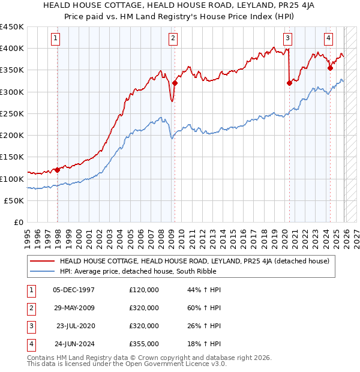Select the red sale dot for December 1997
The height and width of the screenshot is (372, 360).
(58, 170)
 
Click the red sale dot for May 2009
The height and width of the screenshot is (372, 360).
(175, 83)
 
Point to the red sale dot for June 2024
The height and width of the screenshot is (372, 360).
(330, 68)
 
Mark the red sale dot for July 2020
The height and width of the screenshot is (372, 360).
(289, 83)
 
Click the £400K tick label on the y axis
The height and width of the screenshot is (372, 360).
(12, 48)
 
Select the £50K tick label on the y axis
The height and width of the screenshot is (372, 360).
(14, 200)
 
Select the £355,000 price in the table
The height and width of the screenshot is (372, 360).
(144, 344)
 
